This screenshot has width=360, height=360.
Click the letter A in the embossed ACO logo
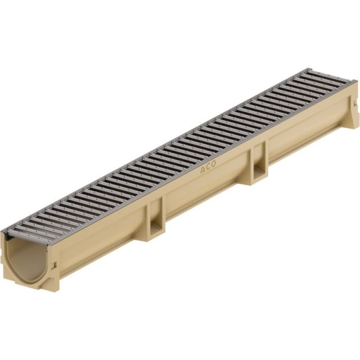[203, 170]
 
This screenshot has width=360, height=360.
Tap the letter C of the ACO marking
[208, 167]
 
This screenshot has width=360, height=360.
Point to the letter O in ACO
[213, 164]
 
